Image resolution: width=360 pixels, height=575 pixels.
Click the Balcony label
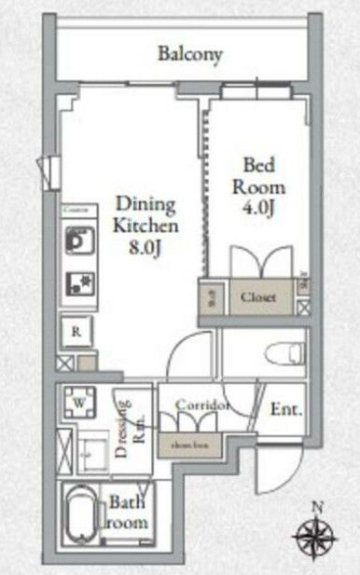click(x=189, y=54)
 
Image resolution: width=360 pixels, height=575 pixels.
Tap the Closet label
click(x=257, y=297)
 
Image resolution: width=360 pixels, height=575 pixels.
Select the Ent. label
click(x=284, y=409)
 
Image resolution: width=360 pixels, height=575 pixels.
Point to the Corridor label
click(x=202, y=405)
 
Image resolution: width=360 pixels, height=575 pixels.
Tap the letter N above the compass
click(x=316, y=506)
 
